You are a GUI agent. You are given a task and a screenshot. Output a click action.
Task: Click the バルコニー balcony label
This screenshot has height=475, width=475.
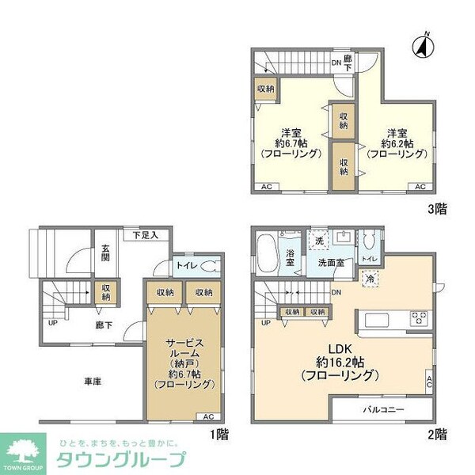click(384, 410)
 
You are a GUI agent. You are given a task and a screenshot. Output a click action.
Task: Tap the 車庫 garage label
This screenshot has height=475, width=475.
click(93, 380)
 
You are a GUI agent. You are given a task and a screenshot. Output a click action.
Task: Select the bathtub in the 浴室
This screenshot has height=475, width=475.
click(268, 253)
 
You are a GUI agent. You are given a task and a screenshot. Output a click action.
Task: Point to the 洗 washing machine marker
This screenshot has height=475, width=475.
click(317, 240)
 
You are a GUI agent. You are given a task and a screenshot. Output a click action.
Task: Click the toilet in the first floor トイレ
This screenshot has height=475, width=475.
click(205, 267)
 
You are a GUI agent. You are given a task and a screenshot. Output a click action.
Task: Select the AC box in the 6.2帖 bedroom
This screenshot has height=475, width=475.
click(420, 187)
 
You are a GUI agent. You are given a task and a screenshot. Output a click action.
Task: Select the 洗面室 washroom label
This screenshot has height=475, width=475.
click(331, 262)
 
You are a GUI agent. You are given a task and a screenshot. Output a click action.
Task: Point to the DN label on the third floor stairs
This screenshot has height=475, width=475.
click(336, 62)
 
